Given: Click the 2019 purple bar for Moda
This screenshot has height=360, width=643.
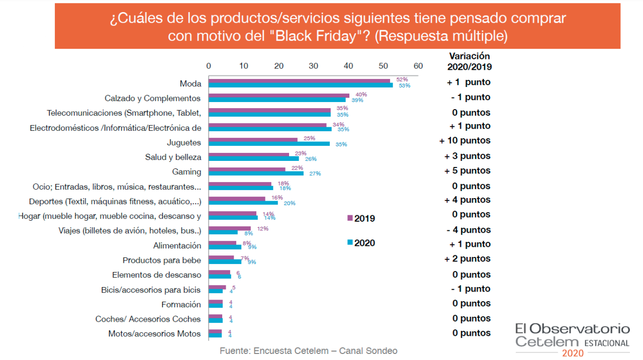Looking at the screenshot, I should click(299, 80).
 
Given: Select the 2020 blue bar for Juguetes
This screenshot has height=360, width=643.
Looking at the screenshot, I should click(269, 144).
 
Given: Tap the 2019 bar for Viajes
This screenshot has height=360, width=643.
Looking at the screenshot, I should click(229, 228).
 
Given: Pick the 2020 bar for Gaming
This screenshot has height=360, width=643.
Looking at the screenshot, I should click(256, 173).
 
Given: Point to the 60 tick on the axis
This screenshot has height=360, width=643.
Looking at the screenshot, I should click(418, 66).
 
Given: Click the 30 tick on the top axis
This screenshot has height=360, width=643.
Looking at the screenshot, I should click(313, 66).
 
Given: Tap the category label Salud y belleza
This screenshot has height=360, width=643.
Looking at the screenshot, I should click(173, 157).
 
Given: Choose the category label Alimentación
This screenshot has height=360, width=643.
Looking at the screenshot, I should click(177, 246).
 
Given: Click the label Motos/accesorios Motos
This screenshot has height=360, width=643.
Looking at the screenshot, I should click(154, 334).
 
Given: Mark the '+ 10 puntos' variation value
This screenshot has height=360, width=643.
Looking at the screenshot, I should click(465, 141).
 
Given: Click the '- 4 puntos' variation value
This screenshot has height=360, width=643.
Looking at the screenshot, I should click(468, 230).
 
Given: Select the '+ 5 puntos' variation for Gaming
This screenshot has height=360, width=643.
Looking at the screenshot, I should click(467, 171).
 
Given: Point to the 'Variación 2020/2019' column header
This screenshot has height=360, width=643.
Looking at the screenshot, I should click(469, 61).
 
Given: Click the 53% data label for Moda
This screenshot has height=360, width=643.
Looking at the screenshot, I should click(405, 85).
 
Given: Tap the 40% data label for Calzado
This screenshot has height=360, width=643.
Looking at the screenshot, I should click(361, 95).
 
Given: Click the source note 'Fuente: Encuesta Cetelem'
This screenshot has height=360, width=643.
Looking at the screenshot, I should click(308, 351).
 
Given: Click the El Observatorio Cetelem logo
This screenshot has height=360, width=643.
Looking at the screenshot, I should click(572, 339).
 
